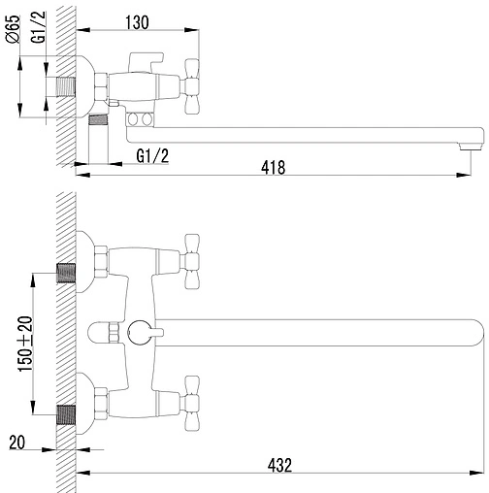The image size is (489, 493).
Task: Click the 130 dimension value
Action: click(137, 22)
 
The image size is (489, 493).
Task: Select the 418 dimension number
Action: click(274, 168)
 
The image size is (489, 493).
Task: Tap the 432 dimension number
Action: click(279, 466)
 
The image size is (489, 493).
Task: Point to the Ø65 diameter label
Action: click(14, 29)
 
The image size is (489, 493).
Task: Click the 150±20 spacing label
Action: click(26, 344)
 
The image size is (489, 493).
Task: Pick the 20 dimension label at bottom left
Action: click(16, 443)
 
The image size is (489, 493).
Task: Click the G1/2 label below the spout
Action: click(152, 156)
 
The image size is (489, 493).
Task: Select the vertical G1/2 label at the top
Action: click(39, 27)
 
